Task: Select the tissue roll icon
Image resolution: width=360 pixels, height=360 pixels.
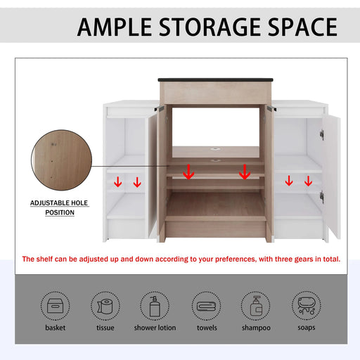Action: click(106, 306)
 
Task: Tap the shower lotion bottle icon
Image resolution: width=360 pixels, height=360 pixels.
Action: click(155, 306)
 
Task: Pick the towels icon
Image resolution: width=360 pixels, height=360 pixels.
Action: click(207, 306)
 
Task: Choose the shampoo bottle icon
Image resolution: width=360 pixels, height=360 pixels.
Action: click(256, 306)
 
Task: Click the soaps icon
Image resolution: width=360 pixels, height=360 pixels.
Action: click(307, 306)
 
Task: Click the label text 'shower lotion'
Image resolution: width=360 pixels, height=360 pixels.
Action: click(155, 328)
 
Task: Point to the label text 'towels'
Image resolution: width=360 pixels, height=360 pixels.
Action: click(207, 328)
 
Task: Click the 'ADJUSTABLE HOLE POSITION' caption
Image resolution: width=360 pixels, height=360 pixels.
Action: click(60, 207)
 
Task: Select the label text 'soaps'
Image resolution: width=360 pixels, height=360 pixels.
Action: click(307, 328)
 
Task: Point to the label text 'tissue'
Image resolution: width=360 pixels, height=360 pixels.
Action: click(106, 328)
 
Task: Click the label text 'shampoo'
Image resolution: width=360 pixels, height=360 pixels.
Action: click(256, 328)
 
